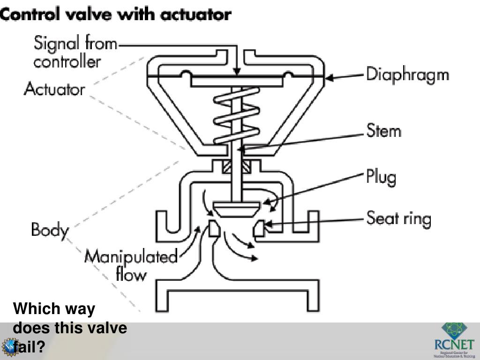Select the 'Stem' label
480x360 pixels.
[383, 131]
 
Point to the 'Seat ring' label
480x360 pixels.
[398, 219]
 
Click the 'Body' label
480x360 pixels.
[50, 230]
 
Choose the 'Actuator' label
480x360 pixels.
[54, 89]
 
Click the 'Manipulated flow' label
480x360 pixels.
[131, 265]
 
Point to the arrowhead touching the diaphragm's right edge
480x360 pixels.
[330, 78]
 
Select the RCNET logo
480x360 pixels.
[454, 340]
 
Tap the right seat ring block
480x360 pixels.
[260, 228]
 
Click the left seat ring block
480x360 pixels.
[213, 229]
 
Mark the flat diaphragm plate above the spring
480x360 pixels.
[237, 82]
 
